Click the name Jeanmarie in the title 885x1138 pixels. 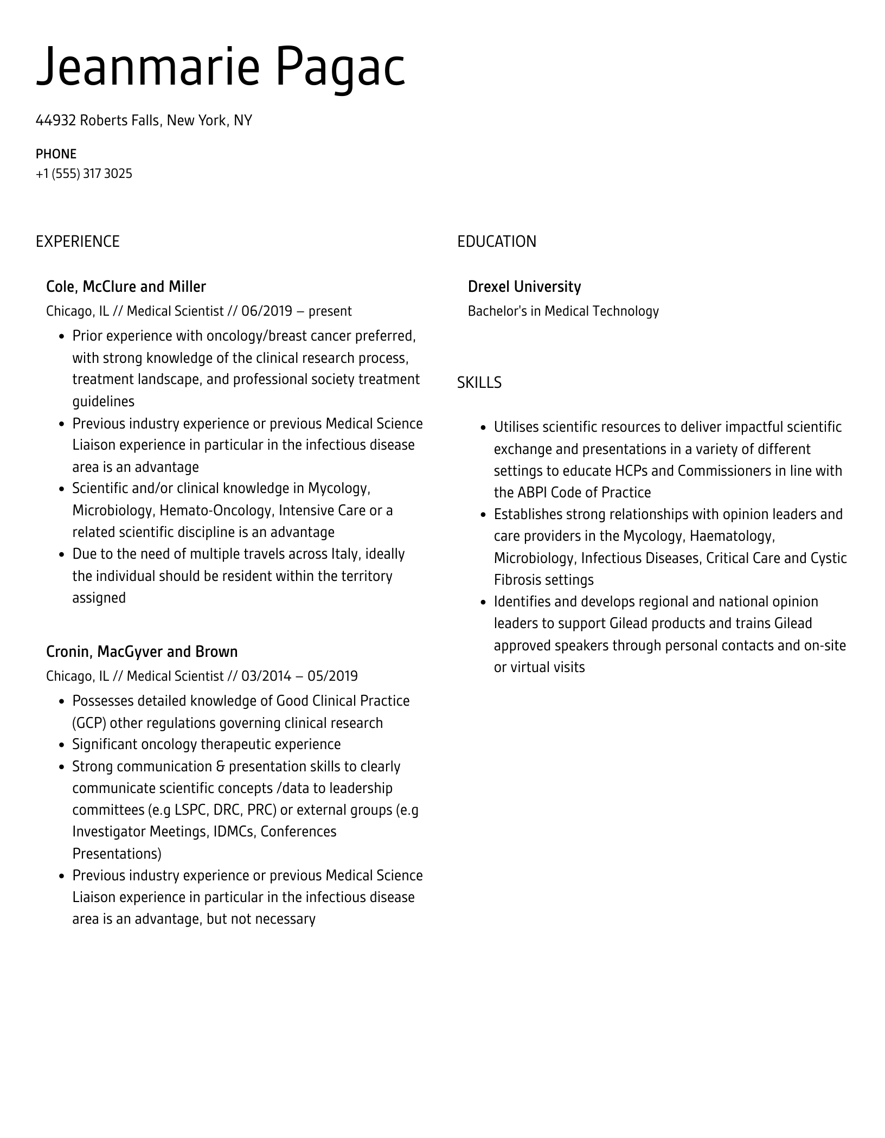click(147, 67)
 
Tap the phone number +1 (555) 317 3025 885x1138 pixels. click(84, 174)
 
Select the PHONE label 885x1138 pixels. click(56, 154)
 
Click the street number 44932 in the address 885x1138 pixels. click(55, 120)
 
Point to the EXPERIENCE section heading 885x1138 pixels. click(78, 241)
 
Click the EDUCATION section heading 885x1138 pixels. click(496, 241)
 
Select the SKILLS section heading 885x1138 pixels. click(479, 383)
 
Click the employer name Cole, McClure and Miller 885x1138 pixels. click(126, 286)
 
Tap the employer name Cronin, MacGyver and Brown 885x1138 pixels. click(142, 651)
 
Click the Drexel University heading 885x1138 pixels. click(524, 286)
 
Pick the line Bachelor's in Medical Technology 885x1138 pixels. click(563, 311)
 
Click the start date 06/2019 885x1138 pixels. click(267, 311)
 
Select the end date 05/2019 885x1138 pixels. click(332, 676)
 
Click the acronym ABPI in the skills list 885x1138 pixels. click(533, 493)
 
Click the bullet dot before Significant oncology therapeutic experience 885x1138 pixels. click(61, 745)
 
